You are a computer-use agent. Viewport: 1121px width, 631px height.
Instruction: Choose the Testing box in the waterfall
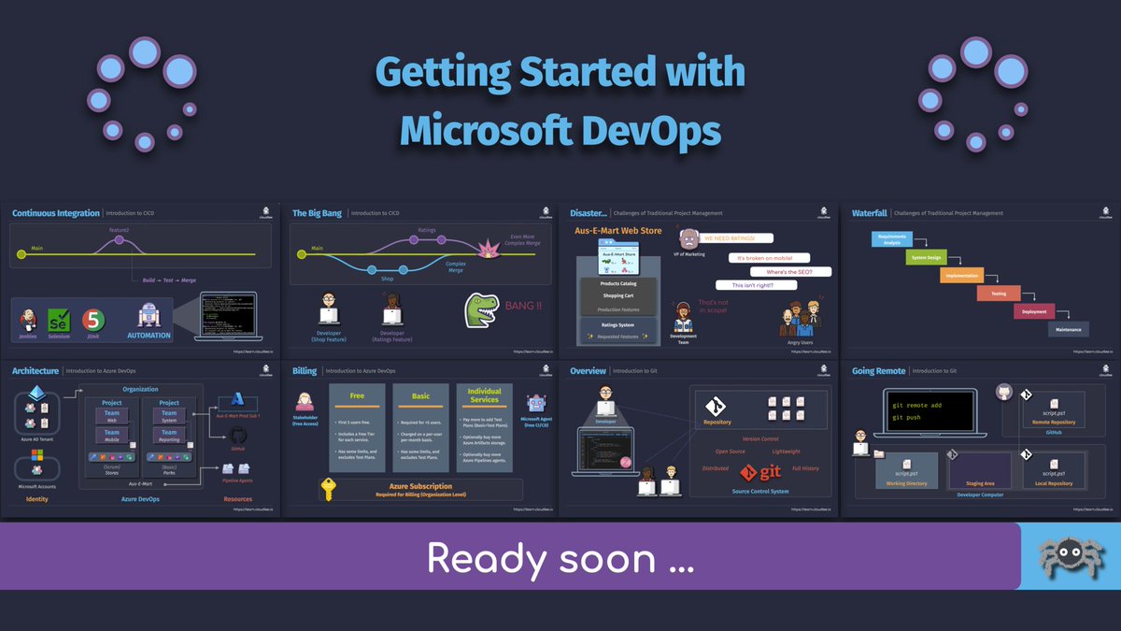pos(998,294)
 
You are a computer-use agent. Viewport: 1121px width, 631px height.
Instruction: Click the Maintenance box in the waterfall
pos(1068,329)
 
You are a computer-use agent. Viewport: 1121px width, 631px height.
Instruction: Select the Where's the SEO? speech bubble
pos(783,271)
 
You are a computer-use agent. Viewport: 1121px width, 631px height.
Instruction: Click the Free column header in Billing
pos(357,395)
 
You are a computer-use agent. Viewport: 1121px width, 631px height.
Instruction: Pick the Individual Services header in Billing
pos(484,395)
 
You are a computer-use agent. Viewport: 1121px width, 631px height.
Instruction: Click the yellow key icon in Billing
pos(328,489)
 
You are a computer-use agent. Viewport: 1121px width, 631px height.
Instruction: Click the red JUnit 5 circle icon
pos(92,320)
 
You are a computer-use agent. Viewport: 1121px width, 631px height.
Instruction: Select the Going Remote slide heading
pos(878,371)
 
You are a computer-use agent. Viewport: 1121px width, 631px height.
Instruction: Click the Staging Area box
pos(979,469)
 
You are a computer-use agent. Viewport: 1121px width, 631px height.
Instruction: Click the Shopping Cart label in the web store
pos(618,295)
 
